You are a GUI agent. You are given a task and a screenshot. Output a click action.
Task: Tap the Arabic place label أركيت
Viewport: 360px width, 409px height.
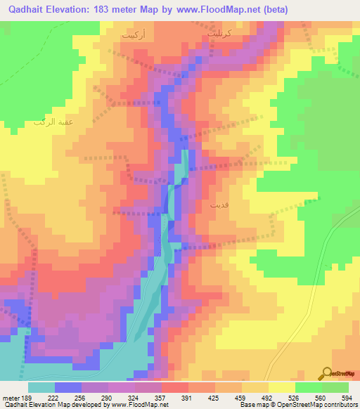click(133, 33)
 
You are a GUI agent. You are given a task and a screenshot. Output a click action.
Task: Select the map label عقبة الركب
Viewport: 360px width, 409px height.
click(53, 122)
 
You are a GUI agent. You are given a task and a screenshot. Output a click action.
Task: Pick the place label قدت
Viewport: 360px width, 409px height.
click(219, 207)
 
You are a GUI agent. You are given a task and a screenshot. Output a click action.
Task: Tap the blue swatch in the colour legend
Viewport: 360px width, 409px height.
click(67, 387)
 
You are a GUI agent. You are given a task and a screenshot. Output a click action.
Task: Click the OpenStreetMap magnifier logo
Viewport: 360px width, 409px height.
click(326, 373)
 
